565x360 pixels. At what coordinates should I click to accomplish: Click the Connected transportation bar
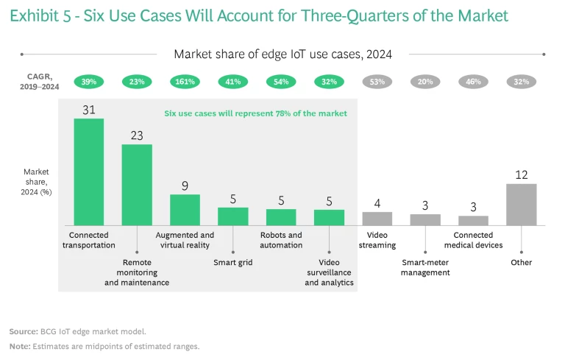point(88,172)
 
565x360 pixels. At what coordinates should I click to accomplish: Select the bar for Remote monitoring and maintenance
point(137,185)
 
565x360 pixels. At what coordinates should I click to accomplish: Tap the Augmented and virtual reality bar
point(185,210)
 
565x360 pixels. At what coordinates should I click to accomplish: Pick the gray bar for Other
point(521,204)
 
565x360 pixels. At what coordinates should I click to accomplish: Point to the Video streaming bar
point(377,218)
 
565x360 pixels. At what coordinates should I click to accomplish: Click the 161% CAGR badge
point(185,82)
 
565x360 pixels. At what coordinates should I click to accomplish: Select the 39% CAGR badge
point(88,82)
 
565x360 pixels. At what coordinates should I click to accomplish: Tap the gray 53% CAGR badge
point(377,82)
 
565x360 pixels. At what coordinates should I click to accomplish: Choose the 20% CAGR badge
point(425,82)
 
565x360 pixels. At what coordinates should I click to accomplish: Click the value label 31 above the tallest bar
point(88,110)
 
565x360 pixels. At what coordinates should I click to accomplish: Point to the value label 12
point(521,174)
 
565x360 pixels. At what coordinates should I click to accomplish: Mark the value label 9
point(185,186)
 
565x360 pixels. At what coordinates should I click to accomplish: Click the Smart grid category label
point(232,261)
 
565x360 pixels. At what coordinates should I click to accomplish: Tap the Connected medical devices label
point(473,240)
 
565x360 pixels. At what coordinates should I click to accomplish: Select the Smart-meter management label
point(425,267)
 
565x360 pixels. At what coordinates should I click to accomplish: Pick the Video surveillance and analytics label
point(329,272)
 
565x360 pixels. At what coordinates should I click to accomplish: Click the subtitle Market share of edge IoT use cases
point(282,54)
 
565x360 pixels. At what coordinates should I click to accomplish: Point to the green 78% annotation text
point(255,113)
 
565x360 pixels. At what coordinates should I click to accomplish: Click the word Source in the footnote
point(23,332)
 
